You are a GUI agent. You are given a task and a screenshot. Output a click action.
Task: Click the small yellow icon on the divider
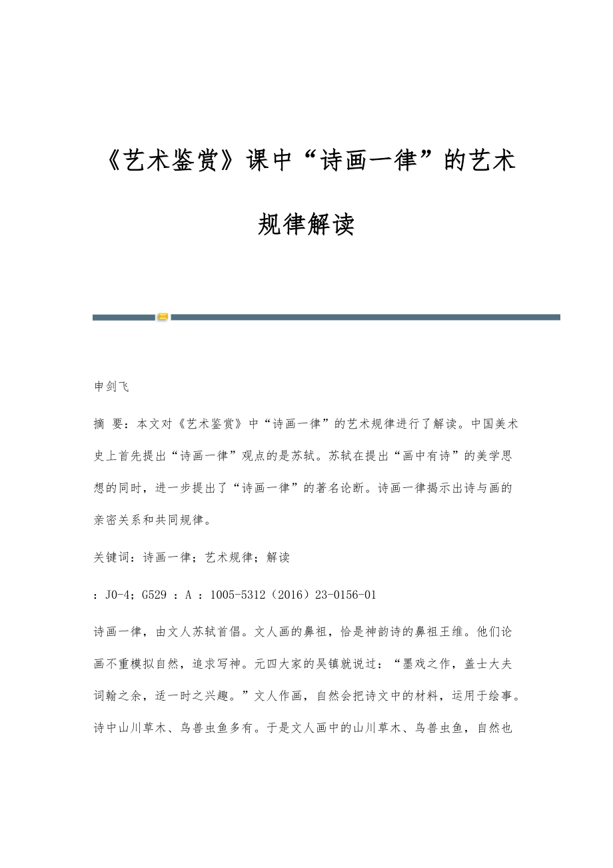click(x=163, y=317)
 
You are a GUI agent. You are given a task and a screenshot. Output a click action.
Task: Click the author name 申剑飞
click(x=111, y=387)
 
